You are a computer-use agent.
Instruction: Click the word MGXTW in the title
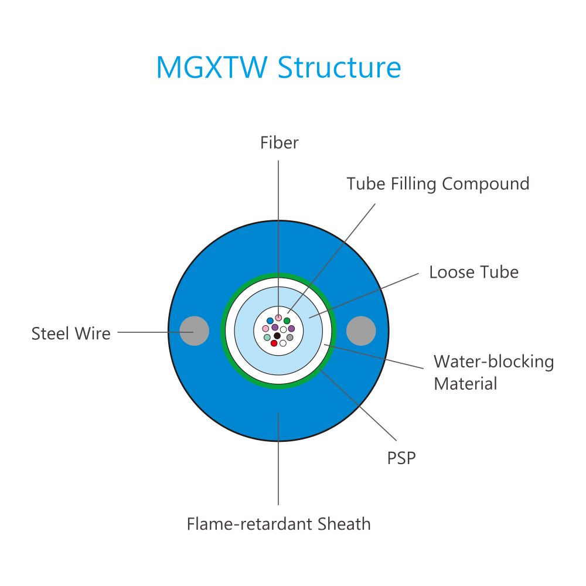tap(212, 67)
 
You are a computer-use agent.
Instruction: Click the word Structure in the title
tap(339, 67)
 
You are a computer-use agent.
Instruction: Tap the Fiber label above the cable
tap(279, 143)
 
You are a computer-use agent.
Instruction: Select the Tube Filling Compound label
tap(438, 184)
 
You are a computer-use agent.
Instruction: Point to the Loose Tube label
tap(473, 272)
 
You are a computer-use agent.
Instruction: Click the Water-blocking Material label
tap(493, 373)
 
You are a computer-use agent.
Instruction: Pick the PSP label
tap(401, 458)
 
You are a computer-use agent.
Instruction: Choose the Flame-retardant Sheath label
tap(278, 524)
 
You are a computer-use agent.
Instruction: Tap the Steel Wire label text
tap(71, 333)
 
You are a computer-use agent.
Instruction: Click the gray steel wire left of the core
tap(195, 331)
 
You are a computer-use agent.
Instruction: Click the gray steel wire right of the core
tap(361, 331)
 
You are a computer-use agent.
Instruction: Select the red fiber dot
tap(274, 343)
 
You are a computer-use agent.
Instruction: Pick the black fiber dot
tap(277, 336)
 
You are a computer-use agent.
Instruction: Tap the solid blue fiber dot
tap(270, 321)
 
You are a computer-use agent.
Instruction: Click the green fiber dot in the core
tap(287, 321)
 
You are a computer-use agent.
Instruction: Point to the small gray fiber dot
tap(289, 338)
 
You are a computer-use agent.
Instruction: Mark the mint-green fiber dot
tap(267, 338)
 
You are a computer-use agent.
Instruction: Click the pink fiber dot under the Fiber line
tap(278, 318)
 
